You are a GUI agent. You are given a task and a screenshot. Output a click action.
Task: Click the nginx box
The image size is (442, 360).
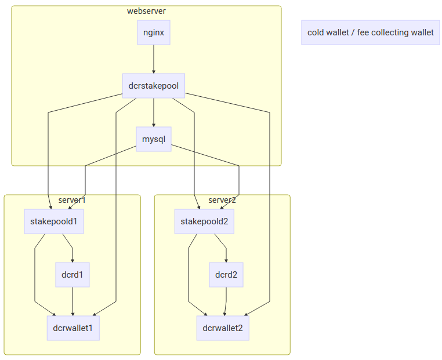154,32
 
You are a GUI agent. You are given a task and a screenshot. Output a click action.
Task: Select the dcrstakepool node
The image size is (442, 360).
154,86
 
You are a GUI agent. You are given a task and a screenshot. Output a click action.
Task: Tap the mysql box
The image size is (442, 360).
154,139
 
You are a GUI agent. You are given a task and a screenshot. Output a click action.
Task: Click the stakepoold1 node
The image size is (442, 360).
54,221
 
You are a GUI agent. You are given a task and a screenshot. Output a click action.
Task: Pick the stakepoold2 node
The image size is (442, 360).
204,221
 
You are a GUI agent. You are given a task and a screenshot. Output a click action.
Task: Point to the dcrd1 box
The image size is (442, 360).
73,275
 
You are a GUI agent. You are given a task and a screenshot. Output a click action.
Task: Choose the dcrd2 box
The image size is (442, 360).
226,275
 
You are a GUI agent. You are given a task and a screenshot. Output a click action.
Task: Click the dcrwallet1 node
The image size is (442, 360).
73,328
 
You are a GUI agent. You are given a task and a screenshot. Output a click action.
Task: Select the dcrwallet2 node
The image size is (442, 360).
223,328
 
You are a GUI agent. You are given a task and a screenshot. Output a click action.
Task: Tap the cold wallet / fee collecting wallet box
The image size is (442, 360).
371,32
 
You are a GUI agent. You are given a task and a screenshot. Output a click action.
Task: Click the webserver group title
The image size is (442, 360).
146,11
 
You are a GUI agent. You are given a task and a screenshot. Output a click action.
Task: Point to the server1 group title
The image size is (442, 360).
72,200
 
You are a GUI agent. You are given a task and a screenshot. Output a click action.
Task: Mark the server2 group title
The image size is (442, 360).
222,200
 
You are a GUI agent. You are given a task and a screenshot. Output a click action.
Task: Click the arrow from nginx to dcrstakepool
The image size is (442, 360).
154,59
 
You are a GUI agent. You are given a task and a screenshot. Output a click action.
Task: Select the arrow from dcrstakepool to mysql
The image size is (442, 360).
154,112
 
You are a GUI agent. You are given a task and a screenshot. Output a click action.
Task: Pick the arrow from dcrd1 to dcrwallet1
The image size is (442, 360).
73,301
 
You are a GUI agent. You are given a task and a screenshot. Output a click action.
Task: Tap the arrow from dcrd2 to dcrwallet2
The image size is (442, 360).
226,301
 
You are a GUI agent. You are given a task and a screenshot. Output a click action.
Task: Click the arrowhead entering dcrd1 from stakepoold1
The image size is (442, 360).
73,260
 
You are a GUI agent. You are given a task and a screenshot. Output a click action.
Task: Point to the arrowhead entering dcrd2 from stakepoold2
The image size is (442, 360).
226,260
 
